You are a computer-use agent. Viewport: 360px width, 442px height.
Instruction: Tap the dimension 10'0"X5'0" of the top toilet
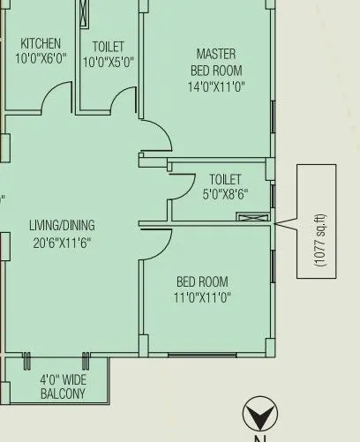pos(108,62)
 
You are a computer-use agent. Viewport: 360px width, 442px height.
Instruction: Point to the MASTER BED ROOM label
pos(216,62)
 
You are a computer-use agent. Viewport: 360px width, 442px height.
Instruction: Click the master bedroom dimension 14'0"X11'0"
pos(216,86)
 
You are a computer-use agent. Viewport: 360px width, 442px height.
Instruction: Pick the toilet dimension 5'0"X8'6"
pos(225,194)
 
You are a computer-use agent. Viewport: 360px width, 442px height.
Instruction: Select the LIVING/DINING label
pos(62,226)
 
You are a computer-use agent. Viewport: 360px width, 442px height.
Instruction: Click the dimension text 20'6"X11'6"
pos(62,242)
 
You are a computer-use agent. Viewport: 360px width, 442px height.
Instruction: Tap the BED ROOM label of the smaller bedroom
pos(202,282)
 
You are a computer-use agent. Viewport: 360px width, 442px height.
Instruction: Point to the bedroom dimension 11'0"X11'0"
pos(202,298)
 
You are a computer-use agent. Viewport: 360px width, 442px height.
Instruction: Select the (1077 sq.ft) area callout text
pos(319,238)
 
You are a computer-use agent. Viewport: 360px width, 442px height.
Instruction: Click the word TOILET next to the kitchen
pos(108,46)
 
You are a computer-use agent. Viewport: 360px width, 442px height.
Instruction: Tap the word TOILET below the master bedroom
pos(225,179)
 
